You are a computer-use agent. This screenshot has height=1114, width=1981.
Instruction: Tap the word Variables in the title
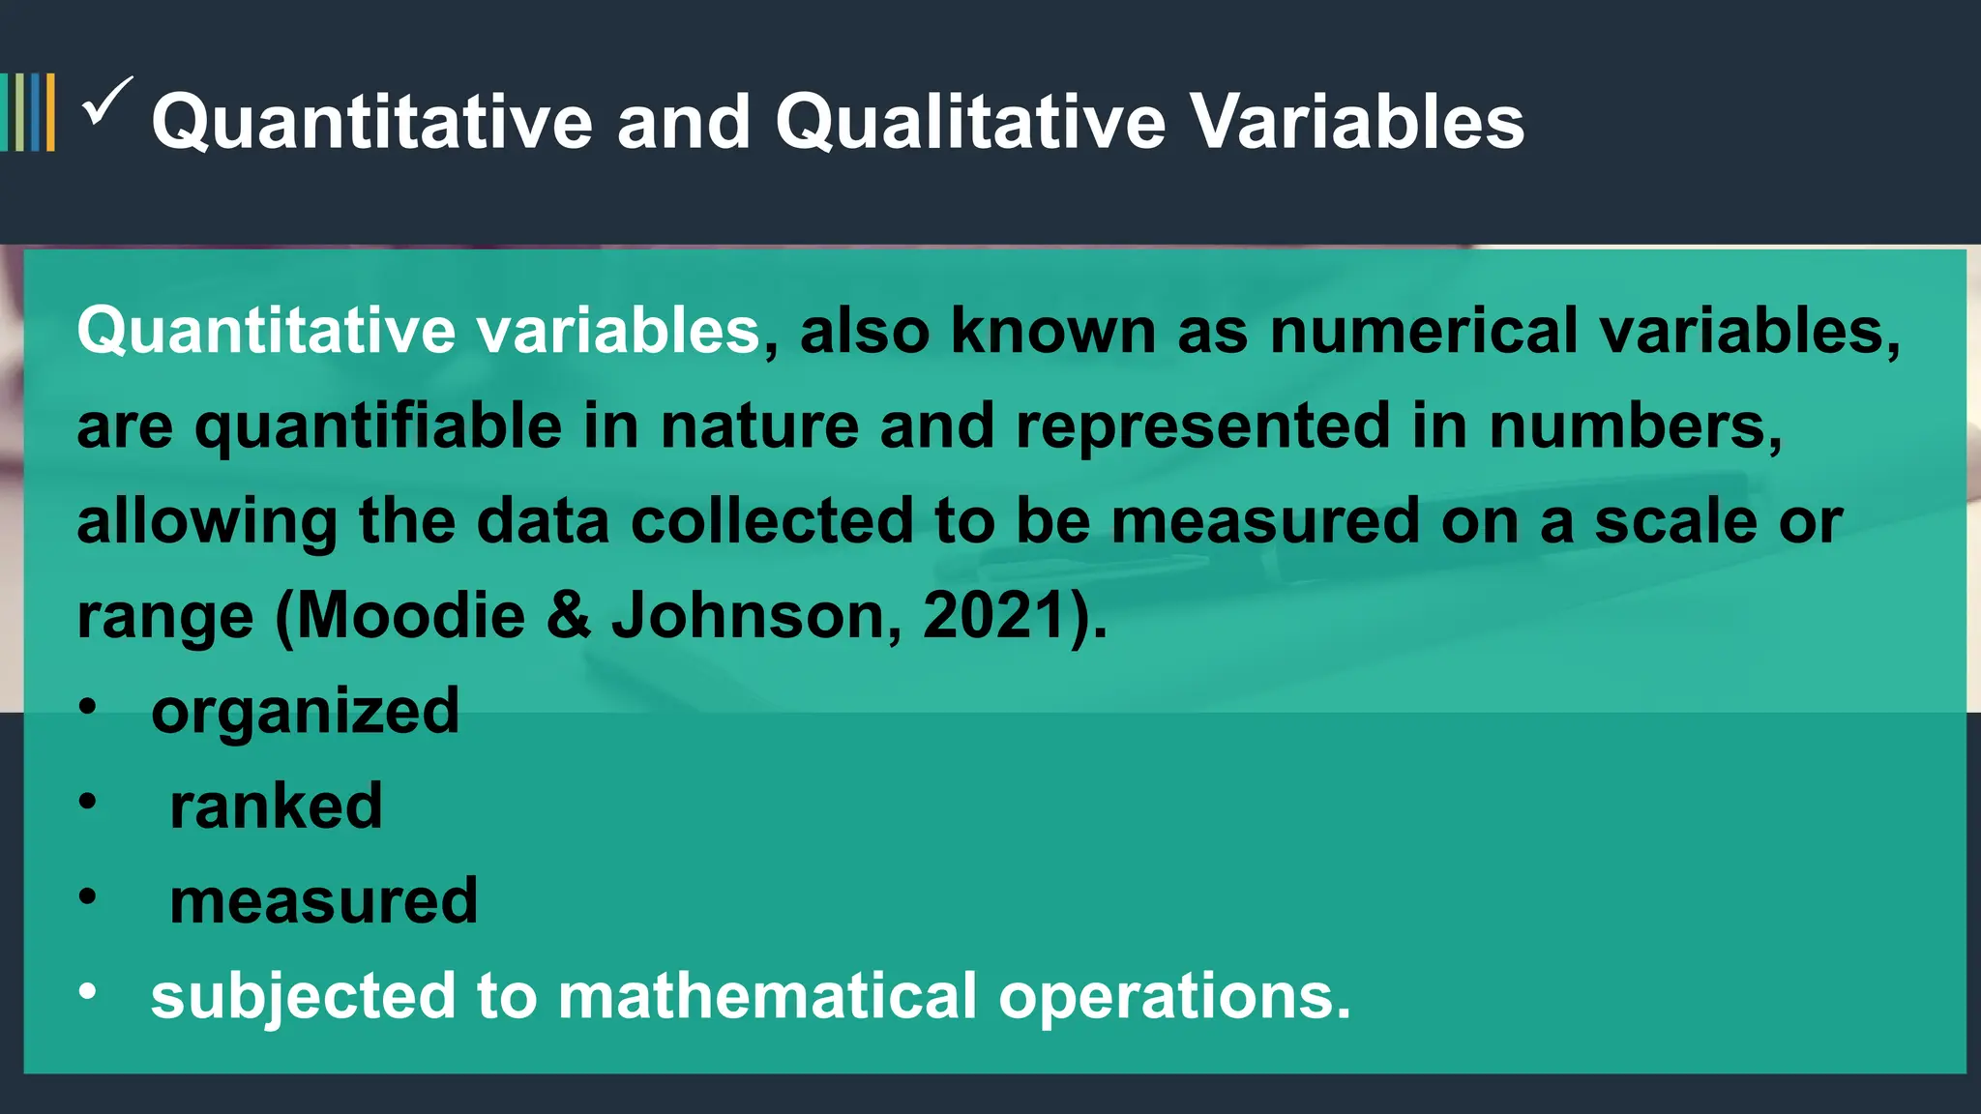pyautogui.click(x=1357, y=123)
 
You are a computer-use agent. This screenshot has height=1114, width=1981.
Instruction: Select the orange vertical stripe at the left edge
pyautogui.click(x=50, y=112)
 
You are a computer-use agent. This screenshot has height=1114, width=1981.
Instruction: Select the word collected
pyautogui.click(x=772, y=521)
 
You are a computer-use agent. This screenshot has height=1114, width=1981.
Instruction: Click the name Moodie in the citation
pyautogui.click(x=411, y=616)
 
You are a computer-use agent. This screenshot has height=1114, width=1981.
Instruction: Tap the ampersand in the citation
pyautogui.click(x=569, y=616)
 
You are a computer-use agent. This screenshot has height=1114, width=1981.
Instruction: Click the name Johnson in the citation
pyautogui.click(x=749, y=616)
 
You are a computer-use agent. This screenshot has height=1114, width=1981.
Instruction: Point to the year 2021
pyautogui.click(x=993, y=616)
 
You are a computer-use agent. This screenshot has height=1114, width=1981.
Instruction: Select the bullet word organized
pyautogui.click(x=305, y=712)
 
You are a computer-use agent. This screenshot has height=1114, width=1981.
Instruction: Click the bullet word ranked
pyautogui.click(x=276, y=806)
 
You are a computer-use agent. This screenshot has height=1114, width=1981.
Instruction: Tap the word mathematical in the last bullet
pyautogui.click(x=768, y=996)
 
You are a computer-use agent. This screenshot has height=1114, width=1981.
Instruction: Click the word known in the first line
pyautogui.click(x=1053, y=331)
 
